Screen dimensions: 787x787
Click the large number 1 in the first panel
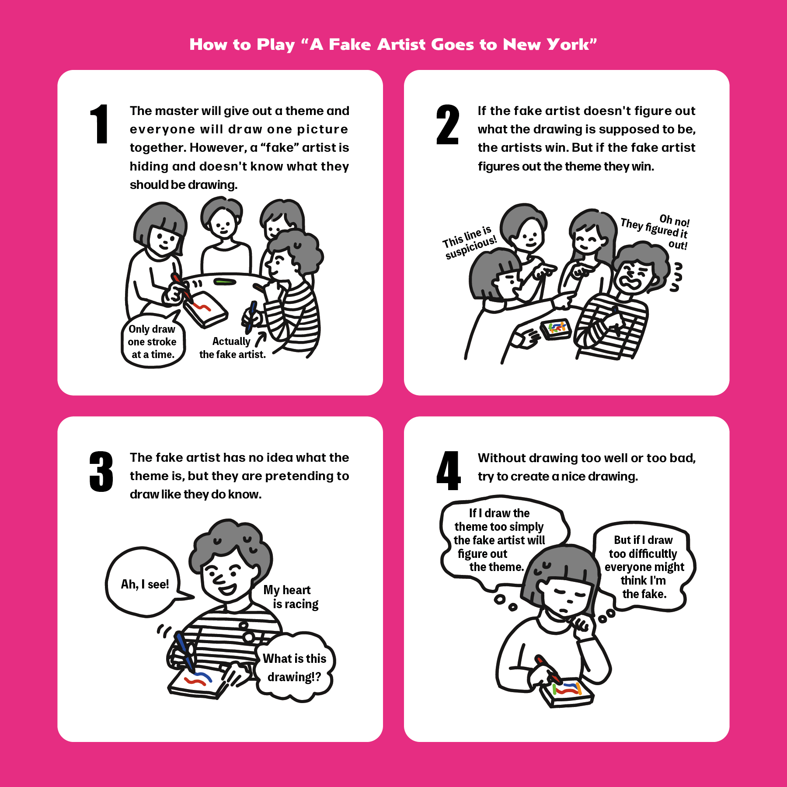(100, 124)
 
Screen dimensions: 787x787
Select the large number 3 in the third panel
(101, 471)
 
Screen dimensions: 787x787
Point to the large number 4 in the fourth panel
(448, 471)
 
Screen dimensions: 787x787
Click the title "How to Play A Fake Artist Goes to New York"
(393, 45)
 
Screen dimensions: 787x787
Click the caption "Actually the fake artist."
(233, 348)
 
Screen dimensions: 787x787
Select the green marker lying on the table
(225, 282)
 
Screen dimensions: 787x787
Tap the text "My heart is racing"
(291, 597)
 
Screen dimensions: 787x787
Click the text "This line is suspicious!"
(469, 243)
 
